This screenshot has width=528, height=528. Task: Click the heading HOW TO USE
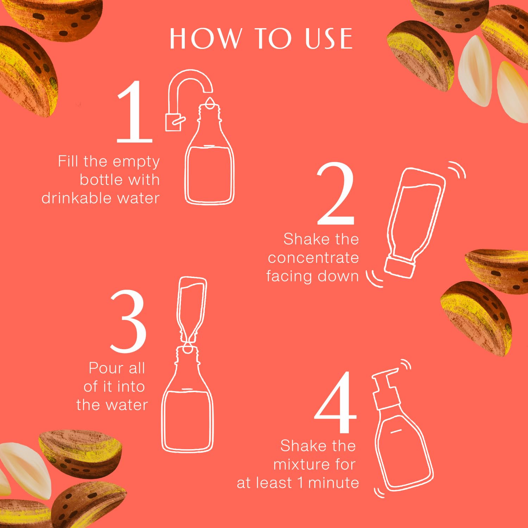tap(261, 38)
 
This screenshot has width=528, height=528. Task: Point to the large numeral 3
tap(128, 322)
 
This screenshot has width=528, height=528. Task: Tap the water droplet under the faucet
tap(210, 102)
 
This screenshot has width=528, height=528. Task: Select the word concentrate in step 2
tap(313, 258)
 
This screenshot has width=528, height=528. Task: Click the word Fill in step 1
tap(68, 162)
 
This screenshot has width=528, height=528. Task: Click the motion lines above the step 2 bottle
tap(457, 170)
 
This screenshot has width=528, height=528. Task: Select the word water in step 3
tap(127, 405)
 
